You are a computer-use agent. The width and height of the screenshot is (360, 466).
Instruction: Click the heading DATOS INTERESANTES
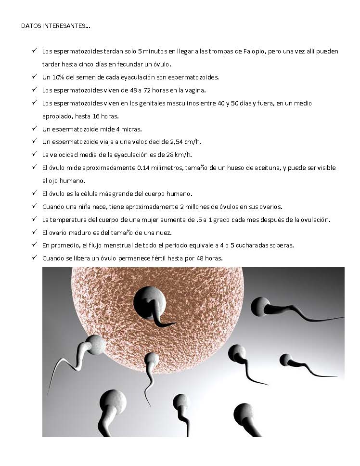coord(55,26)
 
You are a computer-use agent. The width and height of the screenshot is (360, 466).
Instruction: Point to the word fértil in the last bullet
coord(166,258)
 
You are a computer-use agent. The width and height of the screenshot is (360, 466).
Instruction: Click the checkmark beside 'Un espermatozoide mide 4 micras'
coord(35,129)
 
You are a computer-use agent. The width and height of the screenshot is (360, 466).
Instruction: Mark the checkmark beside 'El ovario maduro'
coord(35,232)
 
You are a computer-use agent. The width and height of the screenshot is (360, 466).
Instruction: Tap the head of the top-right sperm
coord(261,307)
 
